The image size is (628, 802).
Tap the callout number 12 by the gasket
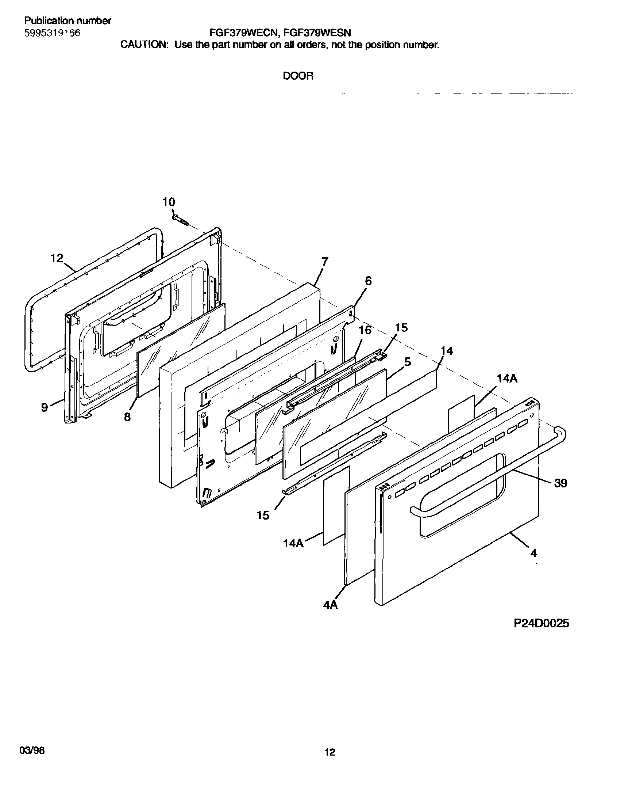(x=57, y=258)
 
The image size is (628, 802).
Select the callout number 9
(x=45, y=407)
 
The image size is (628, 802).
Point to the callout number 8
(x=127, y=417)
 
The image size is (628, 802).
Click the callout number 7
(x=325, y=262)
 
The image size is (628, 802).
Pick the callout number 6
(x=368, y=281)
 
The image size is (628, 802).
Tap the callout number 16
(x=365, y=330)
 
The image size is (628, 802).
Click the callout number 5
(x=407, y=362)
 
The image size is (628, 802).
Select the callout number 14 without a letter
(x=447, y=351)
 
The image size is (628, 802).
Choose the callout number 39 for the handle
(x=560, y=483)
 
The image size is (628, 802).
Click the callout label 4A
(x=331, y=605)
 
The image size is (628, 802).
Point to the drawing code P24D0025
(x=541, y=623)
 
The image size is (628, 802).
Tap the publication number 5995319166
(x=52, y=33)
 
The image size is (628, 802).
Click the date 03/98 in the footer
(x=32, y=750)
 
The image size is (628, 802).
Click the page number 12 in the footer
(x=330, y=752)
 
